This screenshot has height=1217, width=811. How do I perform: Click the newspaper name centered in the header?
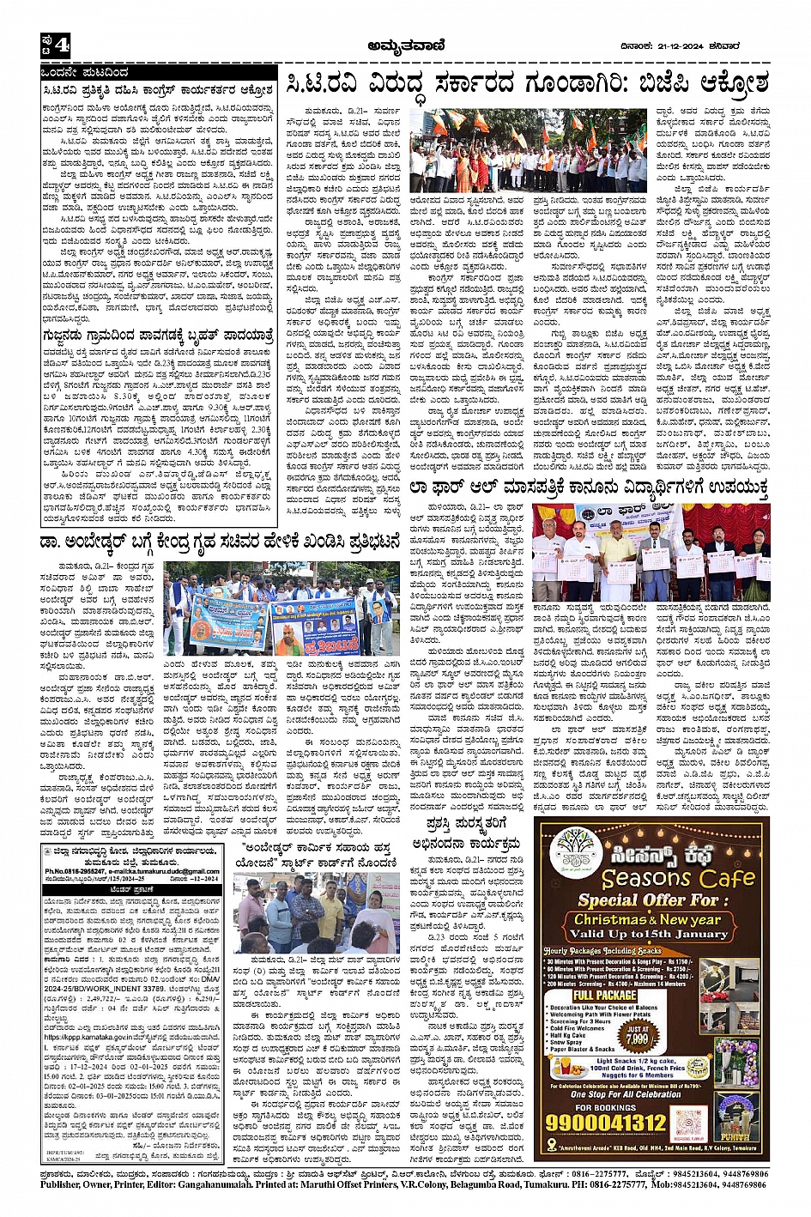(x=404, y=45)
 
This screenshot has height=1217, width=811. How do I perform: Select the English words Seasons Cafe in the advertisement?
(x=678, y=879)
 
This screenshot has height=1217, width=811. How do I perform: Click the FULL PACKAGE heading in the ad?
(x=605, y=996)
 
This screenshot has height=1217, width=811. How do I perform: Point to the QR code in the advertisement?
(x=689, y=1122)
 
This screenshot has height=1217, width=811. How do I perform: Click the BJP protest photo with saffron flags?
(x=529, y=150)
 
